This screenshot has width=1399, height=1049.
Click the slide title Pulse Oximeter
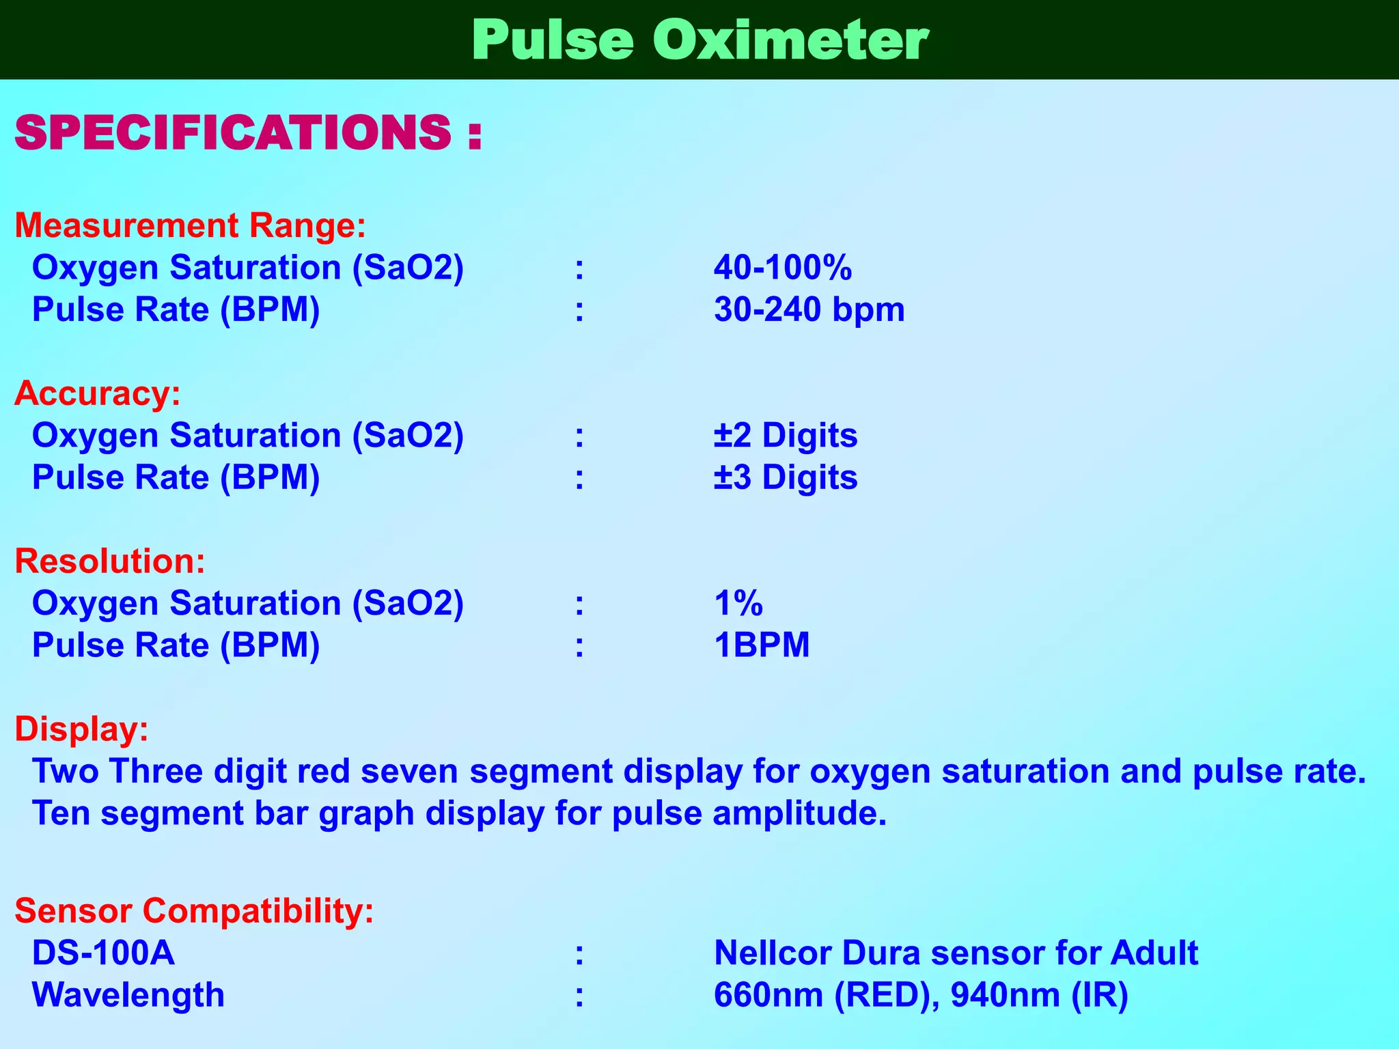[699, 41]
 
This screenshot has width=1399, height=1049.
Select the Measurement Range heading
[190, 225]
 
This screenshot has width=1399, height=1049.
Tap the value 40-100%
[783, 267]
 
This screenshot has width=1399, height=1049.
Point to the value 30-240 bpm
[809, 309]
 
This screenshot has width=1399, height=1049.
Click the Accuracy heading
[98, 393]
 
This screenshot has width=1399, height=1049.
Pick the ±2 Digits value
[786, 435]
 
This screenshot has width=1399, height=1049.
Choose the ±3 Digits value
[786, 477]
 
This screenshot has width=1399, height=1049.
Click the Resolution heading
[110, 561]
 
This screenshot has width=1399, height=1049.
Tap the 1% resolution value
[738, 603]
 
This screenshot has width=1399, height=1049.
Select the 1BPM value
[762, 645]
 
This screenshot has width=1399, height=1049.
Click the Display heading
[81, 729]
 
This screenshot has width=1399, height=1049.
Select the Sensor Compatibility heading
[194, 910]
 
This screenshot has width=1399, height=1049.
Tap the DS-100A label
[103, 953]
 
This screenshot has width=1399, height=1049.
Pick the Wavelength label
[128, 995]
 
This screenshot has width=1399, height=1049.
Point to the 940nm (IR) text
[1039, 995]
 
